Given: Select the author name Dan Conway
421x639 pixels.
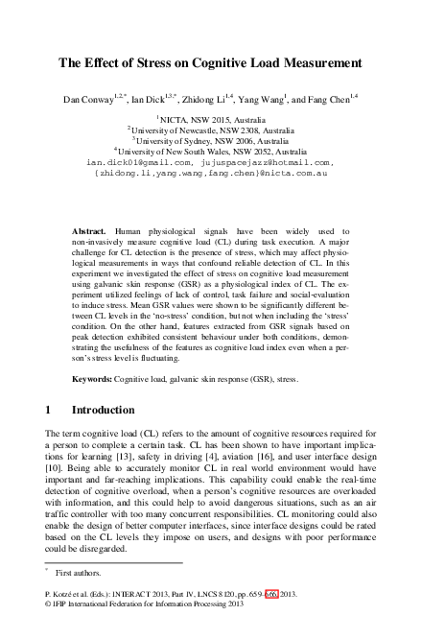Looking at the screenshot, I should tap(87, 99).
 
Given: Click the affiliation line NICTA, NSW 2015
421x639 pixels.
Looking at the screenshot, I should tap(211, 118).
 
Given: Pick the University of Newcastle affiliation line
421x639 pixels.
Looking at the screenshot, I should tap(211, 130).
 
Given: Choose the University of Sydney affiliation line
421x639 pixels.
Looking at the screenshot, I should tap(211, 140).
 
